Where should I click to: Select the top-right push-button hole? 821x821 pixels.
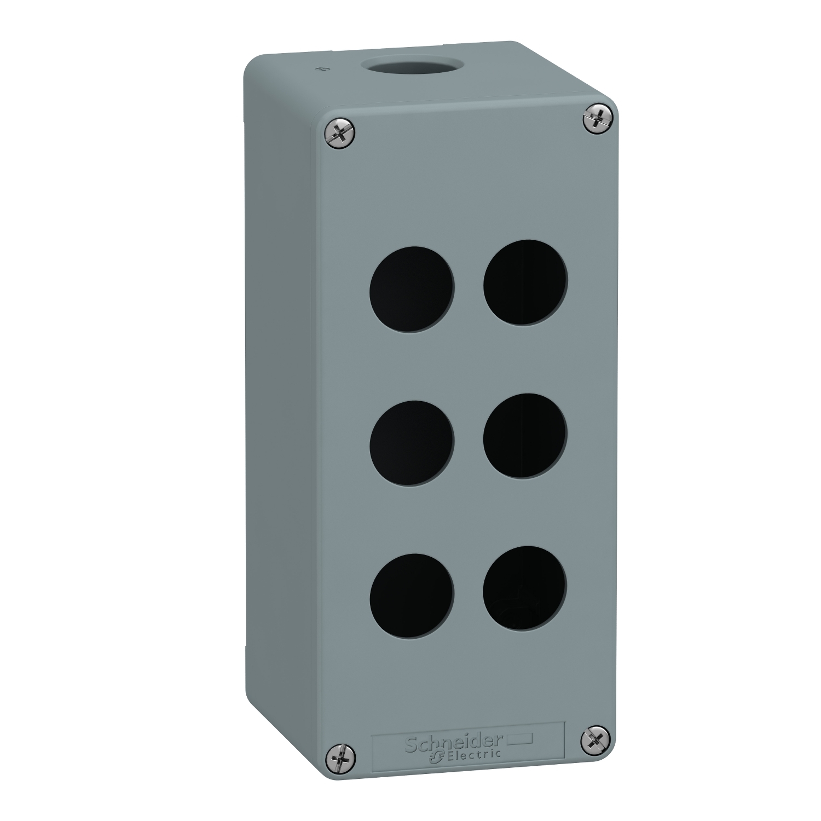coord(525,282)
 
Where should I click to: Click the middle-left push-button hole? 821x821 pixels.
coord(412,442)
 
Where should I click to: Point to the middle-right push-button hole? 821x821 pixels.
coord(525,435)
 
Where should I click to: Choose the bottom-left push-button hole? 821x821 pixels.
coord(412,595)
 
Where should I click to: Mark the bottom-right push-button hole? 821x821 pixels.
coord(525,588)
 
